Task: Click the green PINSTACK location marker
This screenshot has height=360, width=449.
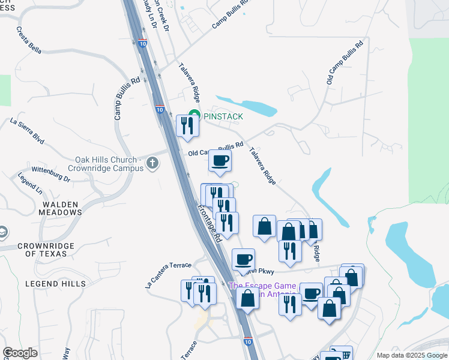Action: (194, 115)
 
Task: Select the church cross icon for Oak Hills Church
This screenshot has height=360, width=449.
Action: (153, 162)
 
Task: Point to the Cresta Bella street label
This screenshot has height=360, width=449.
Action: (29, 41)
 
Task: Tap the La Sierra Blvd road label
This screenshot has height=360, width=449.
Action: (28, 130)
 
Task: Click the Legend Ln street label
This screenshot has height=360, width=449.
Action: (30, 184)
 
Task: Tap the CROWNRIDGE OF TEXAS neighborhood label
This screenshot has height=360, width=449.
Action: (46, 250)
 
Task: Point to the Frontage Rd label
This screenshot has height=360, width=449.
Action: (209, 224)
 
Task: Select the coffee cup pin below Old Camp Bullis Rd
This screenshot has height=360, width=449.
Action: (220, 161)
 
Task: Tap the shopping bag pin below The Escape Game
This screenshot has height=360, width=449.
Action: (247, 298)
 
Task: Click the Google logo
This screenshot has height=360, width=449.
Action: (20, 353)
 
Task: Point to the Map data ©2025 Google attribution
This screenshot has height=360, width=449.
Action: (411, 355)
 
